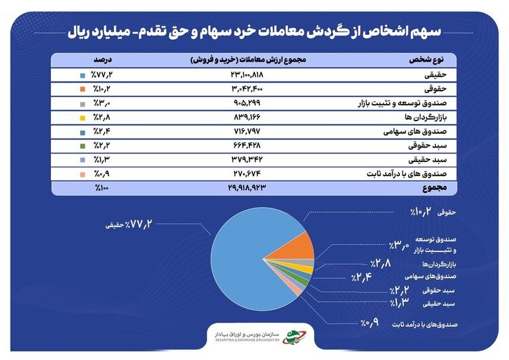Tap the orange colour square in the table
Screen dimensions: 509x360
click(83, 89)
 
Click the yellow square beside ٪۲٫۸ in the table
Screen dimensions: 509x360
click(83, 118)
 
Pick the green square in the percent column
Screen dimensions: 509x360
click(83, 146)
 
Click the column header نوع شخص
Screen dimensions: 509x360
click(426, 60)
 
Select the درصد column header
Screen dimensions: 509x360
click(103, 60)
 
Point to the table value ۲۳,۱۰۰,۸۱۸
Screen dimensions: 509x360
click(247, 75)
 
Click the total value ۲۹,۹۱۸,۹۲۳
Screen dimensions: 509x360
click(247, 187)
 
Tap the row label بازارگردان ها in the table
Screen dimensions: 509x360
click(426, 117)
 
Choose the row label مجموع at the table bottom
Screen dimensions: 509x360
click(434, 188)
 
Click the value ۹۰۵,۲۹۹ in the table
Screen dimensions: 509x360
click(247, 103)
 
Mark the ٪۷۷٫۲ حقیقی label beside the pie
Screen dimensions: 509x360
click(128, 224)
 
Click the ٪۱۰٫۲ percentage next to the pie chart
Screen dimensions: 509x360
click(421, 212)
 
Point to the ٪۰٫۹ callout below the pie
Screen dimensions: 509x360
click(369, 323)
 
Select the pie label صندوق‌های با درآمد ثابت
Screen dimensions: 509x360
click(424, 324)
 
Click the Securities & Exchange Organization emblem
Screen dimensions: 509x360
click(294, 337)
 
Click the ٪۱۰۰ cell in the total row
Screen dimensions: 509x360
click(102, 188)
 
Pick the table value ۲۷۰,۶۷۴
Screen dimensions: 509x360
click(247, 173)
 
